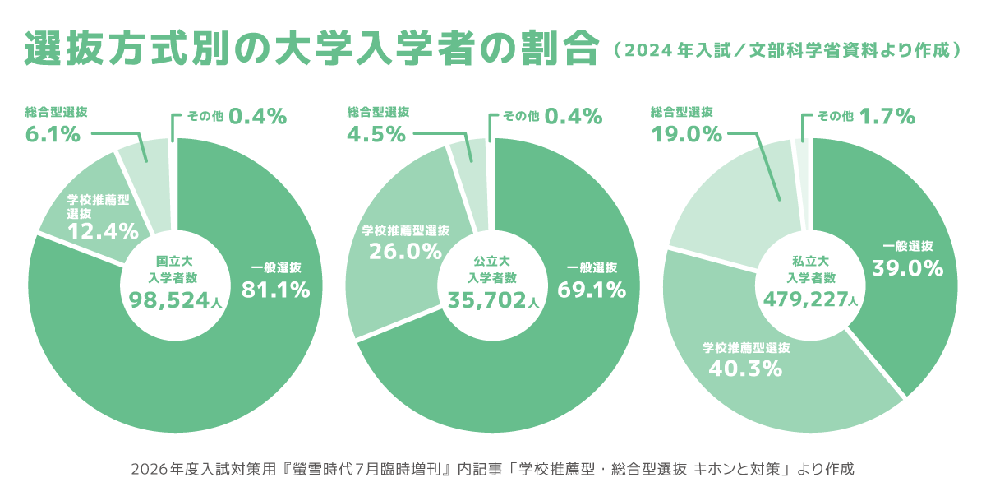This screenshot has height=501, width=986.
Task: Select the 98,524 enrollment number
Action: [x=168, y=300]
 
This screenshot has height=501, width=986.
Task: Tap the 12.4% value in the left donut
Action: [x=103, y=231]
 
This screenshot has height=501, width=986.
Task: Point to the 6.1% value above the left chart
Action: [x=53, y=134]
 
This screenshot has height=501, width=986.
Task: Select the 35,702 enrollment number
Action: [x=486, y=300]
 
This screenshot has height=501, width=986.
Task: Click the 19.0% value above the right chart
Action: [x=686, y=134]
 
